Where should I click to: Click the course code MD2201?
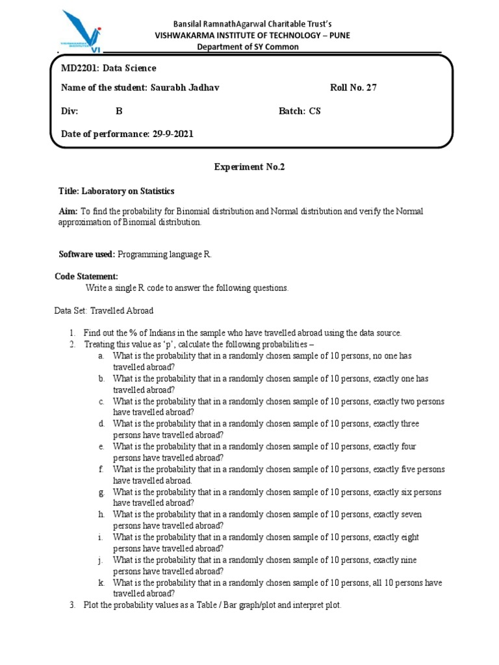pyautogui.click(x=77, y=68)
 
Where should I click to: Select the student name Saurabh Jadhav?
pyautogui.click(x=185, y=88)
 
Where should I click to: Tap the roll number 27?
pyautogui.click(x=371, y=88)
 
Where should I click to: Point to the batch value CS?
pyautogui.click(x=314, y=111)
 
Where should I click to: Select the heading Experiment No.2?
pyautogui.click(x=249, y=167)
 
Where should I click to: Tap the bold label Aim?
pyautogui.click(x=69, y=212)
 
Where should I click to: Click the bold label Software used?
pyautogui.click(x=87, y=254)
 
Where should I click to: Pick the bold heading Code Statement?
pyautogui.click(x=86, y=277)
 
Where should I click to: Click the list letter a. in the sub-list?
pyautogui.click(x=101, y=356)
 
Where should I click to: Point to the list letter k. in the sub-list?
pyautogui.click(x=101, y=583)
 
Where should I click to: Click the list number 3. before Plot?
pyautogui.click(x=72, y=605)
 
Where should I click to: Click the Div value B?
pyautogui.click(x=119, y=111)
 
